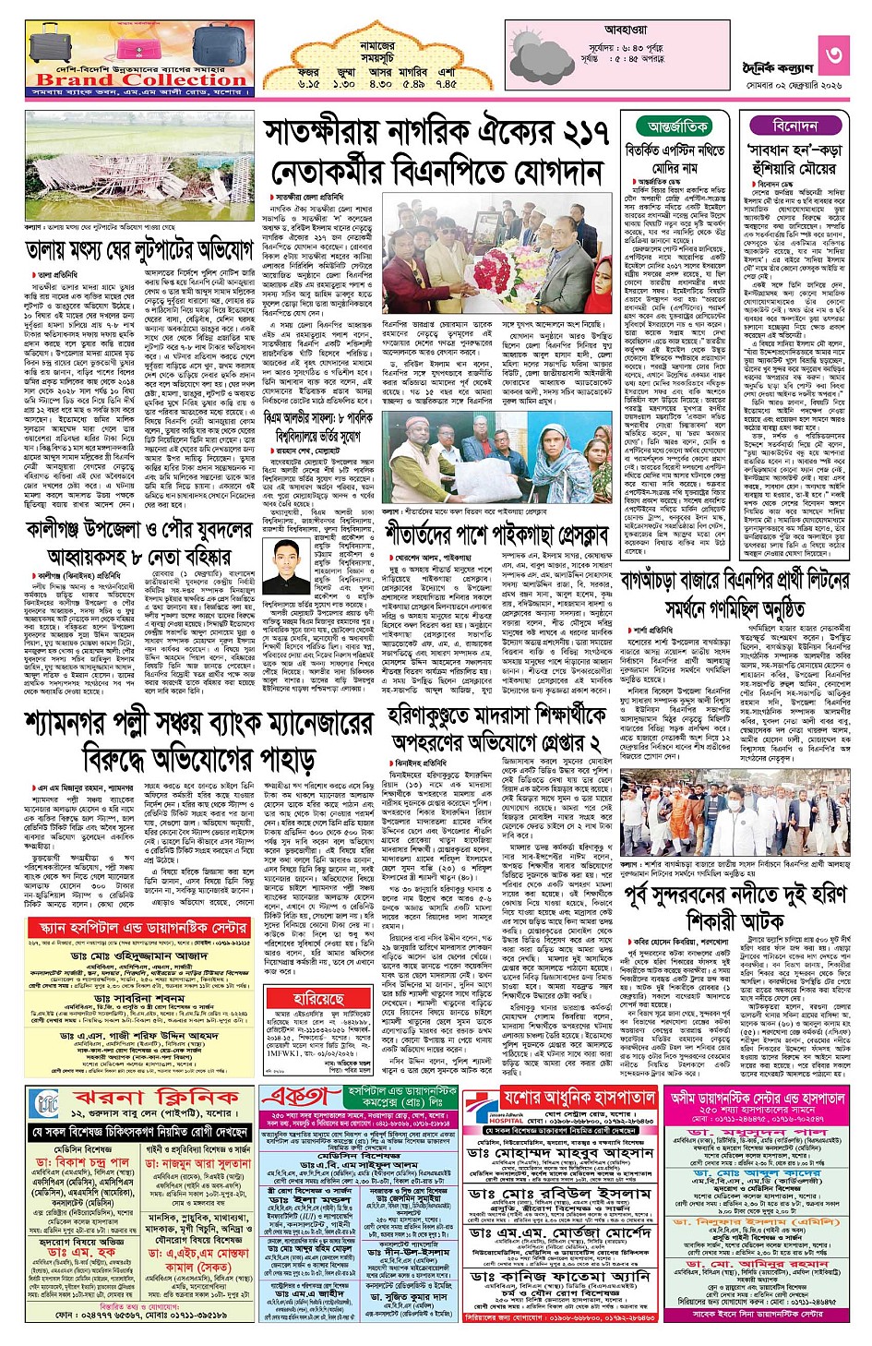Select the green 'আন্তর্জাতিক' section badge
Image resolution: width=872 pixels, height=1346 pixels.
[x=678, y=126]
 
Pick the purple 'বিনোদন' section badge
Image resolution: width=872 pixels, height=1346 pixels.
[x=794, y=126]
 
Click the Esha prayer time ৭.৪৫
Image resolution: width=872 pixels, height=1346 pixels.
[x=446, y=83]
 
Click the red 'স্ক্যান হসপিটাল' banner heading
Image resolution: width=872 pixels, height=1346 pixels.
[x=138, y=927]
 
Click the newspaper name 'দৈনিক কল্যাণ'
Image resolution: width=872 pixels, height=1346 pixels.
[x=778, y=67]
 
